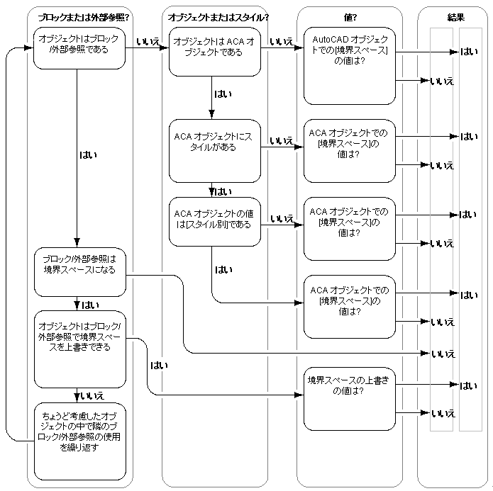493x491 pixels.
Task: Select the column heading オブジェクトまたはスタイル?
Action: click(213, 16)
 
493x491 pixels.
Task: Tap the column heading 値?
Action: click(349, 16)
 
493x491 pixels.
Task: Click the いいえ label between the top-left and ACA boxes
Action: click(148, 43)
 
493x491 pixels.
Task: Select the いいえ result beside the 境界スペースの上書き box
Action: click(442, 412)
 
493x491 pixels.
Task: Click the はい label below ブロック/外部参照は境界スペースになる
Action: click(90, 305)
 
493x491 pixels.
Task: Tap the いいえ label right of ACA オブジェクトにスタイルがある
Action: click(282, 141)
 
